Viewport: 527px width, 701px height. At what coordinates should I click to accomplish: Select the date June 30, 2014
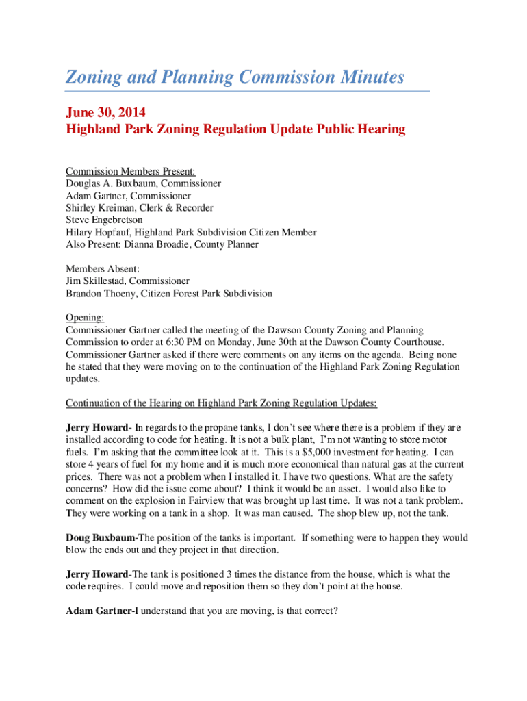click(105, 112)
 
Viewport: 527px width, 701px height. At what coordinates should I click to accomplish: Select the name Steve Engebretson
click(105, 220)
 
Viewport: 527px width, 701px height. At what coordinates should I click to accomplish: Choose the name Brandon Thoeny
click(101, 294)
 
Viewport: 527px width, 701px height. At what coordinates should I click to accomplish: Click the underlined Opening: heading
click(85, 318)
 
